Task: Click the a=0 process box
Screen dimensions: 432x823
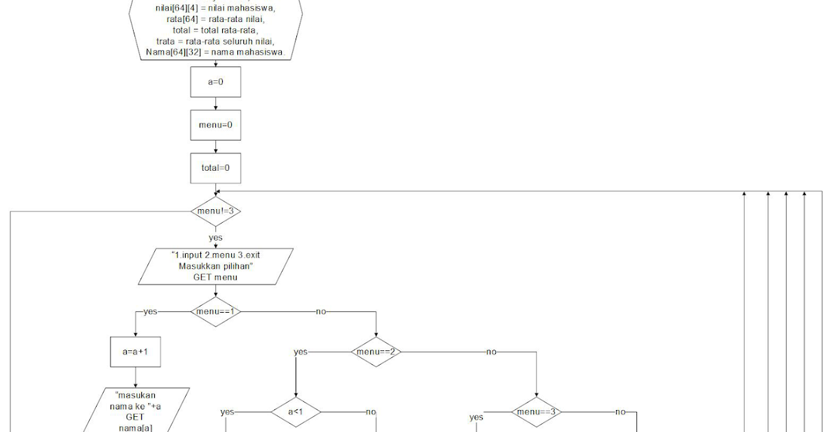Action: coord(215,82)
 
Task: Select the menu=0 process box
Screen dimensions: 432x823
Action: coord(215,125)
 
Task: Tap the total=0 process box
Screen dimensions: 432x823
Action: coord(215,167)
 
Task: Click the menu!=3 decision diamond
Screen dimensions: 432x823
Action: coord(215,211)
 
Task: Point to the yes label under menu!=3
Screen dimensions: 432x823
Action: coord(215,238)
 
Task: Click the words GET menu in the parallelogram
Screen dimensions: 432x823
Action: coord(215,277)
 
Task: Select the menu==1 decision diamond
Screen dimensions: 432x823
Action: coord(215,311)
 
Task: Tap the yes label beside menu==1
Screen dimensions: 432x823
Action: coord(150,311)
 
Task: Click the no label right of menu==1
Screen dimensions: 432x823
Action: coord(320,311)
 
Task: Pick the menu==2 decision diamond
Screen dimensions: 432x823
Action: coord(377,352)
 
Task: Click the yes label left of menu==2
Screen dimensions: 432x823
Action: coord(300,352)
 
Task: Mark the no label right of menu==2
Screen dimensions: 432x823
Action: coord(491,352)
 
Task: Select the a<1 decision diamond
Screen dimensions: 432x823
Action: coord(295,412)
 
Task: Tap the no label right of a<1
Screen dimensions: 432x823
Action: coord(370,412)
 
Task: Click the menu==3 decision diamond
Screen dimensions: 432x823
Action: coord(536,412)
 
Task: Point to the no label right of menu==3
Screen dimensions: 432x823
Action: coord(620,412)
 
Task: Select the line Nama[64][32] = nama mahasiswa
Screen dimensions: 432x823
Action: coord(215,53)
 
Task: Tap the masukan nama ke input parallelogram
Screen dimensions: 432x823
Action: coord(136,411)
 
